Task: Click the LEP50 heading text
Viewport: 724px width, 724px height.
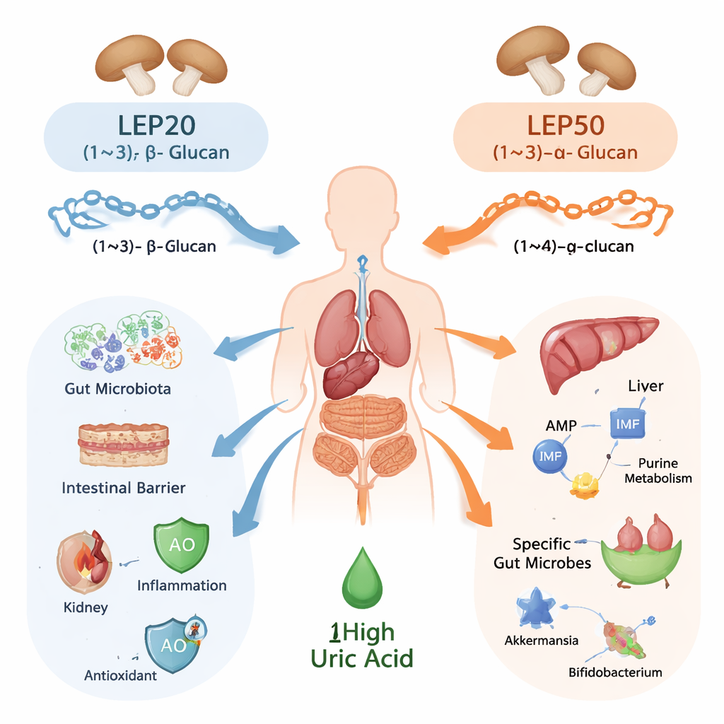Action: tap(566, 126)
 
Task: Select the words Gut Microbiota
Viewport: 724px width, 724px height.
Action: tap(117, 389)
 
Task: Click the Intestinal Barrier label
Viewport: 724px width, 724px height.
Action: tap(124, 488)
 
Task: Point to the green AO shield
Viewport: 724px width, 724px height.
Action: tap(182, 547)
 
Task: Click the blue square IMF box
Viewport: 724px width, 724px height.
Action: tap(627, 424)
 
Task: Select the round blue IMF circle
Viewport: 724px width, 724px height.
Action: tap(550, 457)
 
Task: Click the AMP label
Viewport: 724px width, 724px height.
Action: tap(561, 426)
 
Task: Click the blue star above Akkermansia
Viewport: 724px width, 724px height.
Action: tap(537, 607)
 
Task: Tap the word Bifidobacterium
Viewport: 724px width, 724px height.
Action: tap(615, 672)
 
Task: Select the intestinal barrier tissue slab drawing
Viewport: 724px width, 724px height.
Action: tap(123, 445)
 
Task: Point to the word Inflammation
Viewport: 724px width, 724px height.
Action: tap(182, 585)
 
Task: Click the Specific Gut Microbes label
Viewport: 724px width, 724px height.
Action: tap(551, 554)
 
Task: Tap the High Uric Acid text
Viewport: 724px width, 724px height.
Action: tap(361, 645)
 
